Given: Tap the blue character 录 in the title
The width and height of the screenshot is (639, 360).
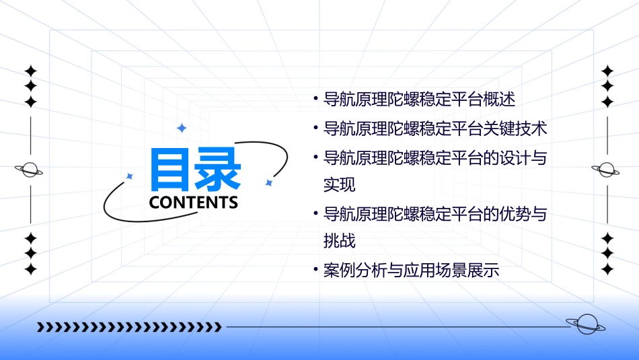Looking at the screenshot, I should [217, 170].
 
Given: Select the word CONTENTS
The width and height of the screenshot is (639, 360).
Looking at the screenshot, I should [194, 202].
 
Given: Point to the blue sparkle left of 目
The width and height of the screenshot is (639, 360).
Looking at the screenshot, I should [130, 176].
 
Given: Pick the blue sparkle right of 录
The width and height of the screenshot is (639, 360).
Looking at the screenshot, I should [268, 182].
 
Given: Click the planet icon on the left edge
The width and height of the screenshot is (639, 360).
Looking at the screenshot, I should [30, 170].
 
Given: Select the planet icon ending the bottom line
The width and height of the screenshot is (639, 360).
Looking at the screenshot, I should [585, 325].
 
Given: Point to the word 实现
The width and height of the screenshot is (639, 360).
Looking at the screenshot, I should [339, 184].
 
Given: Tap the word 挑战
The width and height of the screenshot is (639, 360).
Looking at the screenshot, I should [339, 240].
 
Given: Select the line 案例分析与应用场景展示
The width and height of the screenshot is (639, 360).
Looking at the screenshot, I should [411, 271].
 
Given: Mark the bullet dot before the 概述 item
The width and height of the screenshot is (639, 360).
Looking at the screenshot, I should [315, 99].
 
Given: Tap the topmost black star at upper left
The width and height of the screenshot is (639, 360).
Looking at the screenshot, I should [30, 71].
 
